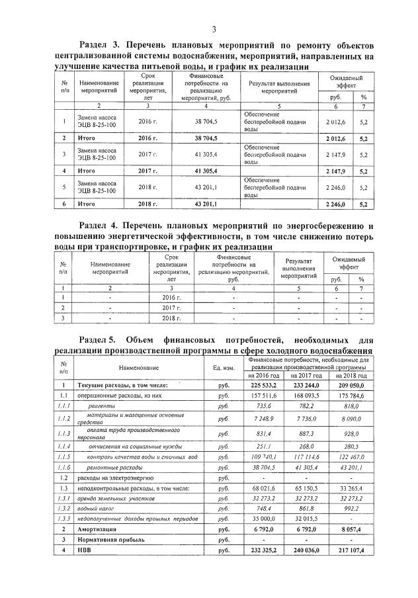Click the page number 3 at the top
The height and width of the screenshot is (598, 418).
(214, 28)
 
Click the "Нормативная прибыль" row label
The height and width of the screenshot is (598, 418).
(110, 540)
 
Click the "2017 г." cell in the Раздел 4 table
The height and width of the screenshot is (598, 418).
(172, 308)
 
